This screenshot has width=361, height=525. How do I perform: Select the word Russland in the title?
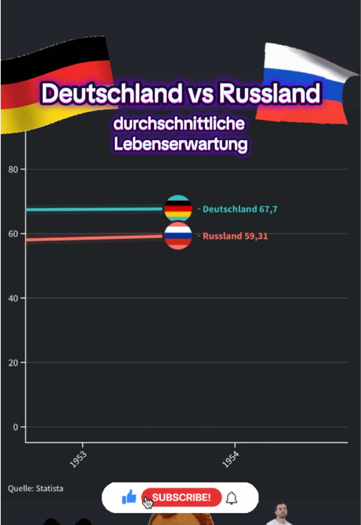[x=269, y=93]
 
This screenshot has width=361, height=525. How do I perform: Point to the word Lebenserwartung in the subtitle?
[x=180, y=144]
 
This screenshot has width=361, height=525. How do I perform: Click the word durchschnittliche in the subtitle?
[x=179, y=124]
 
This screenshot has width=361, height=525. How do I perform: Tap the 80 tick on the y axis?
[x=13, y=170]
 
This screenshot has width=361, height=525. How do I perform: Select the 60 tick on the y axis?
[x=13, y=234]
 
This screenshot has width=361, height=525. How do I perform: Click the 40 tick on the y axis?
[x=13, y=298]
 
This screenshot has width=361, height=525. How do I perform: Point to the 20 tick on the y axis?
[x=13, y=363]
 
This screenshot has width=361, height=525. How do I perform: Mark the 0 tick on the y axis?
[x=15, y=427]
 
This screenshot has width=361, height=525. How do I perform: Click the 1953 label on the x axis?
[x=78, y=460]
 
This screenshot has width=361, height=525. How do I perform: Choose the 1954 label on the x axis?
[x=230, y=460]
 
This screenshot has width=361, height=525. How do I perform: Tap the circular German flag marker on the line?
[x=178, y=208]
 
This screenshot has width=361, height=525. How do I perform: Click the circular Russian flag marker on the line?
[x=178, y=236]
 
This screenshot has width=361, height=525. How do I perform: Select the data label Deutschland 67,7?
[x=240, y=209]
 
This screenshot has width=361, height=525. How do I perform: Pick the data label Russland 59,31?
[x=235, y=236]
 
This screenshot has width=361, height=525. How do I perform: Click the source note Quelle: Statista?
[x=36, y=489]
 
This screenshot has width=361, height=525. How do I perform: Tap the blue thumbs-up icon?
[x=129, y=497]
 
